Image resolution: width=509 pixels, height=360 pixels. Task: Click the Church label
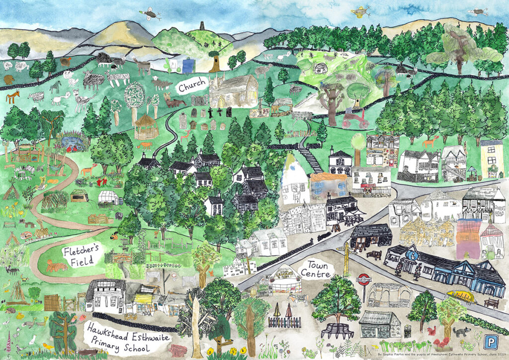click(192, 88)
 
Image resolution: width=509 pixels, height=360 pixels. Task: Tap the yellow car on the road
click(461, 297)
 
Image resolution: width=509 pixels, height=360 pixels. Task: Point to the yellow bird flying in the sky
click(360, 11)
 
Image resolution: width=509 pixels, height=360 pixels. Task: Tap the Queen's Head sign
click(498, 205)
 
